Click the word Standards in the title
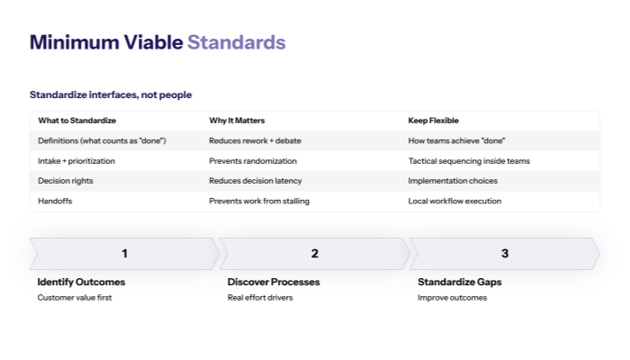pyautogui.click(x=236, y=42)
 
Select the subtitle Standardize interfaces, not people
pyautogui.click(x=110, y=94)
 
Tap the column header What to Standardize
pyautogui.click(x=76, y=121)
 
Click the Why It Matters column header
pyautogui.click(x=237, y=121)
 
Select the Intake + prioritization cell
pyautogui.click(x=76, y=161)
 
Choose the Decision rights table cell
pyautogui.click(x=65, y=181)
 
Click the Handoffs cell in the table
pyautogui.click(x=55, y=201)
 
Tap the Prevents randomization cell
pyautogui.click(x=253, y=161)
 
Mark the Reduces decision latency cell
pyautogui.click(x=256, y=181)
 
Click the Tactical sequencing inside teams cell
pyautogui.click(x=469, y=161)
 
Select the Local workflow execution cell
pyautogui.click(x=454, y=201)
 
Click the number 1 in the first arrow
pyautogui.click(x=124, y=254)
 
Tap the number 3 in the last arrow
pyautogui.click(x=504, y=254)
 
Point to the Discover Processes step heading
pyautogui.click(x=273, y=282)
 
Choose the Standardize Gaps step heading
pyautogui.click(x=459, y=282)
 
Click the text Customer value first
pyautogui.click(x=75, y=298)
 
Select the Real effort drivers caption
pyautogui.click(x=260, y=298)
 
